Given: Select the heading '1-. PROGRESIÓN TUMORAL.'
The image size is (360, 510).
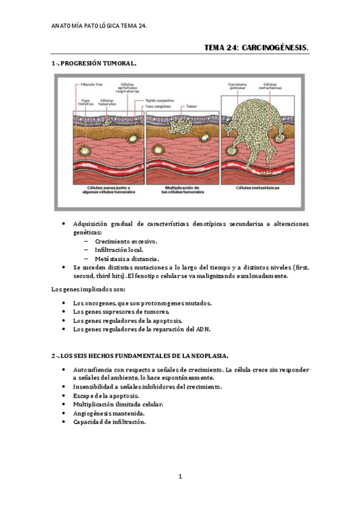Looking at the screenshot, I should pyautogui.click(x=94, y=63).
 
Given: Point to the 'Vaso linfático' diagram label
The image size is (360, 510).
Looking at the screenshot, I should pyautogui.click(x=85, y=102).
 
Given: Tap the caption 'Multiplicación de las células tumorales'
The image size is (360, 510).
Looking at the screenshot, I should pyautogui.click(x=182, y=191).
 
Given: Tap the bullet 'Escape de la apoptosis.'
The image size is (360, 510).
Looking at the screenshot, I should pyautogui.click(x=106, y=396).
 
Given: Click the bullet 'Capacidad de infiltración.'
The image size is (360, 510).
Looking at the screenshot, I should pyautogui.click(x=109, y=422).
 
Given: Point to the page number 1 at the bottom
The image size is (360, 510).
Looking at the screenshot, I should pyautogui.click(x=180, y=478).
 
